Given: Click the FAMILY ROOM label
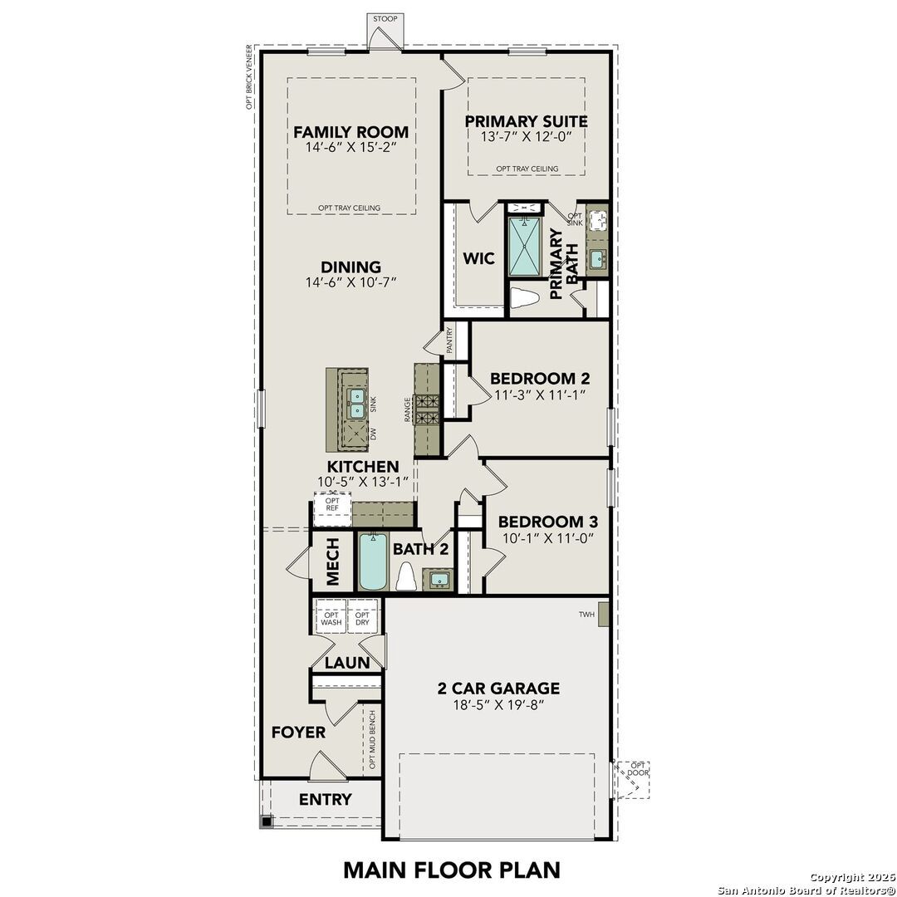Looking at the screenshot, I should click(x=350, y=131).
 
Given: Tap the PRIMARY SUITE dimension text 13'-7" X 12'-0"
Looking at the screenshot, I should click(x=526, y=137).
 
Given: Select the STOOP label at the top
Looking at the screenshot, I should click(x=385, y=18).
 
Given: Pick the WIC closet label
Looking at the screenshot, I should click(x=478, y=258).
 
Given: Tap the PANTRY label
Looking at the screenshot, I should click(x=449, y=341).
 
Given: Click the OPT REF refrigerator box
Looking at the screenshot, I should click(x=332, y=507).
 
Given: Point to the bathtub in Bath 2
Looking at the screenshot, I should click(x=371, y=562).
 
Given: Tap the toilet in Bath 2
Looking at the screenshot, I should click(x=406, y=576).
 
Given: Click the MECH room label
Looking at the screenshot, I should click(x=332, y=562).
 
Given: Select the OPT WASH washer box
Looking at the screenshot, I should click(x=331, y=618).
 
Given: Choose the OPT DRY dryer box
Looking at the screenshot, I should click(x=363, y=618).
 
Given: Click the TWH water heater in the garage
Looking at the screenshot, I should click(x=604, y=615).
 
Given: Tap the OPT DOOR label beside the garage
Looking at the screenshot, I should click(x=638, y=769).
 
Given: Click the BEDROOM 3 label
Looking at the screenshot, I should click(x=547, y=522).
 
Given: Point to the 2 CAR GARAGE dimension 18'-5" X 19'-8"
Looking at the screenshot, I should click(x=498, y=706).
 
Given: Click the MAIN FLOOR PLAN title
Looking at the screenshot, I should click(x=452, y=870).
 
